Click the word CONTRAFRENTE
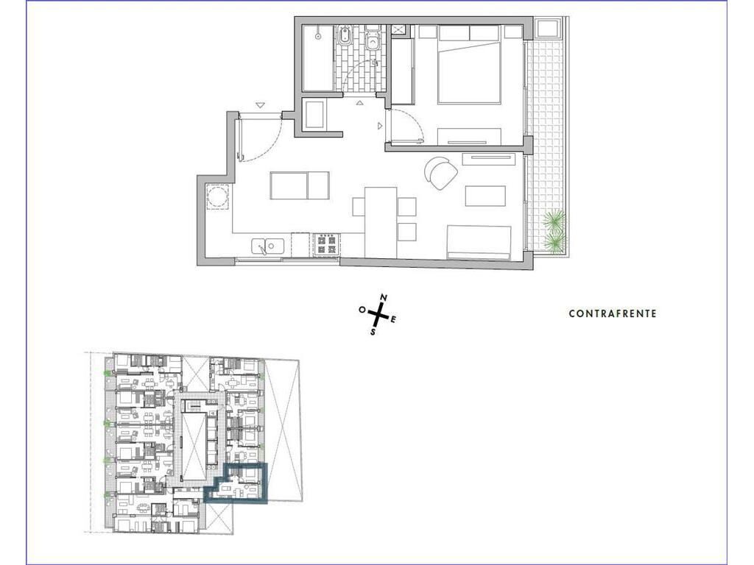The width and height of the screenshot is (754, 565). click(613, 313)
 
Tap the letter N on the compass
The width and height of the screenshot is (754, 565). click(384, 298)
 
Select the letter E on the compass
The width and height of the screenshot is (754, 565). click(393, 320)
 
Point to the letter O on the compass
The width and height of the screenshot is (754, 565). click(362, 310)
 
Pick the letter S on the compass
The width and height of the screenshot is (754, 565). click(373, 332)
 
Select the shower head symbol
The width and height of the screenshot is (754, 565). click(318, 35)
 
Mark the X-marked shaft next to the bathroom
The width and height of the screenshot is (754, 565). click(398, 29)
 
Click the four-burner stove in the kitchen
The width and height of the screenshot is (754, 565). click(327, 244)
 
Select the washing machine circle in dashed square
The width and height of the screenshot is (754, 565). click(217, 196)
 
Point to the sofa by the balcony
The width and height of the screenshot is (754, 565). click(479, 242)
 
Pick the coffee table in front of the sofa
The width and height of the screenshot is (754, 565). click(485, 196)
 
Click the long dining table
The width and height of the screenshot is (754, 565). click(381, 222)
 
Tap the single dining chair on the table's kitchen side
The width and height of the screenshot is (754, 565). click(359, 207)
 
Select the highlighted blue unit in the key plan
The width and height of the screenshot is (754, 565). click(236, 483)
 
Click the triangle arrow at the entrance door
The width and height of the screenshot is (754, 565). click(260, 105)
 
